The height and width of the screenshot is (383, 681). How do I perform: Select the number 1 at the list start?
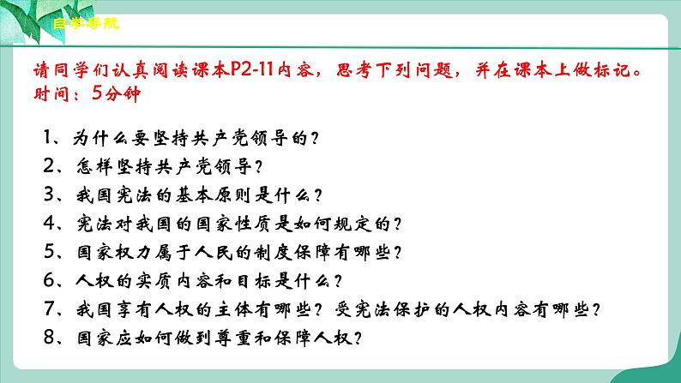click(x=45, y=135)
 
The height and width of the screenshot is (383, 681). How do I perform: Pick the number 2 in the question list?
click(x=45, y=165)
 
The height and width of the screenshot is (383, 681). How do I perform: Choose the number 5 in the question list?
click(x=45, y=252)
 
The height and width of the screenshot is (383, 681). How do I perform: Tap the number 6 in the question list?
click(x=45, y=281)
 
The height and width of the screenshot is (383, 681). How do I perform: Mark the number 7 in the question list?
click(x=45, y=309)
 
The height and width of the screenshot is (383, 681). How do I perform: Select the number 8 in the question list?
click(x=45, y=338)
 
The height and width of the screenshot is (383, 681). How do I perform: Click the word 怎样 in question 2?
click(x=87, y=165)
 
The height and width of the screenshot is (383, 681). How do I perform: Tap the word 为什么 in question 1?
click(x=98, y=135)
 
